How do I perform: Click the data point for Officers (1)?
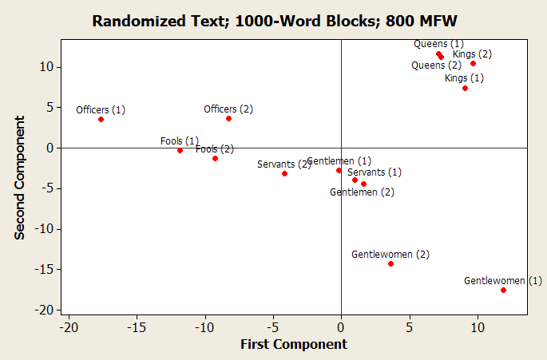click(x=101, y=119)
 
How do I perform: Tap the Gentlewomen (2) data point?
click(x=390, y=263)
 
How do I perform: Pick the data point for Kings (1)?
click(x=465, y=88)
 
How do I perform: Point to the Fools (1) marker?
click(x=180, y=150)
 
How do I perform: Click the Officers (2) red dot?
click(x=228, y=118)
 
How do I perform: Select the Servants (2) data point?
click(x=284, y=173)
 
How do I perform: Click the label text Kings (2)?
click(x=472, y=54)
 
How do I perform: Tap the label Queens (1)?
click(x=438, y=43)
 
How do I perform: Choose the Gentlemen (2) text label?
click(x=362, y=192)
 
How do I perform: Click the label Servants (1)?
click(x=375, y=172)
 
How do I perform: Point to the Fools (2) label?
click(x=215, y=148)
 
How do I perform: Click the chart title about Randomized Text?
click(x=273, y=21)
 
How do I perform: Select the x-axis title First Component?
click(x=294, y=344)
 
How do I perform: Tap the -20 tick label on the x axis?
click(x=69, y=326)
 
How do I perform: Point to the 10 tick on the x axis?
click(x=477, y=326)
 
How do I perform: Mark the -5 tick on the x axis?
click(x=273, y=326)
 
